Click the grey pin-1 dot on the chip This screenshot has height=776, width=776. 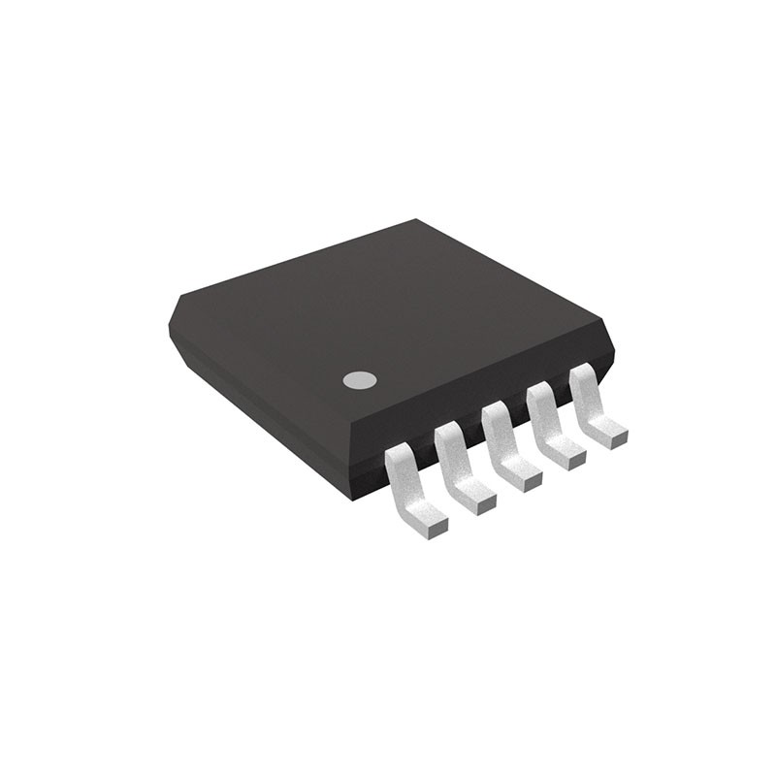(x=359, y=380)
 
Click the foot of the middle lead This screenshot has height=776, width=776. (x=525, y=478)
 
